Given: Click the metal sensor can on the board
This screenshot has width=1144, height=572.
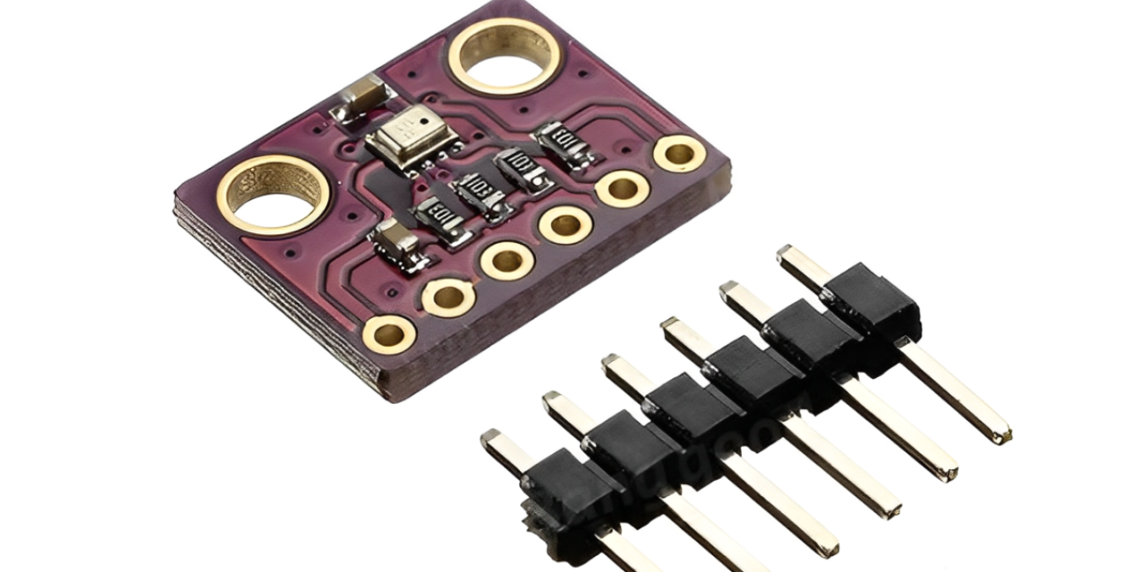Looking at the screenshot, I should [x=411, y=141].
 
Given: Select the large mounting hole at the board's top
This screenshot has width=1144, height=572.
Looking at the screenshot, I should [x=504, y=55].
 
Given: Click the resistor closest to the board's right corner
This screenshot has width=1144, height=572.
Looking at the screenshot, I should [x=563, y=143].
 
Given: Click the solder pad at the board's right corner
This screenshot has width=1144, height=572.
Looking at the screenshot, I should [x=679, y=154].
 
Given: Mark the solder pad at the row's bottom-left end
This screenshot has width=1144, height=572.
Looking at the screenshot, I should [x=389, y=334].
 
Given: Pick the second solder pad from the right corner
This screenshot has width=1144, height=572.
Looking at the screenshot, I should [x=622, y=188].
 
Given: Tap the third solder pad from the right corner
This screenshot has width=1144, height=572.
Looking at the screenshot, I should [x=565, y=224].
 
